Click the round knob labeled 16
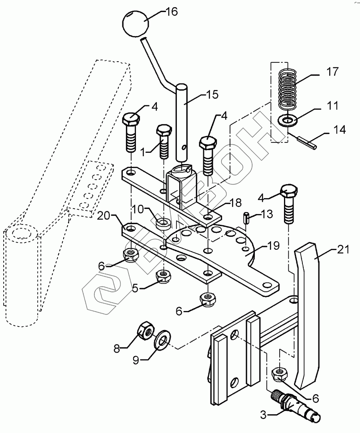coord(135,24)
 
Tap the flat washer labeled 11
coord(287,120)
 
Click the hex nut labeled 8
coord(145,331)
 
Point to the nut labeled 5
coord(163,277)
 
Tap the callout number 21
coord(343,249)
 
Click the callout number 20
coord(104,216)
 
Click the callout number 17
coord(332,72)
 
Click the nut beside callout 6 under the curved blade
coord(280,375)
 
